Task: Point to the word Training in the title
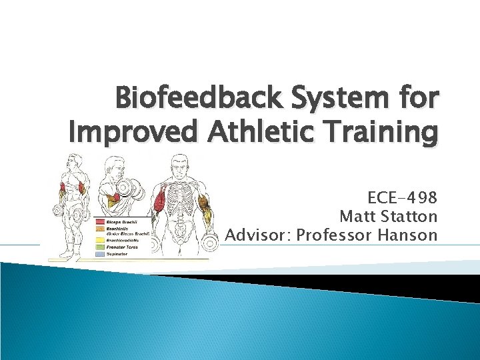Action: pyautogui.click(x=389, y=133)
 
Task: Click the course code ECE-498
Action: pyautogui.click(x=403, y=198)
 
